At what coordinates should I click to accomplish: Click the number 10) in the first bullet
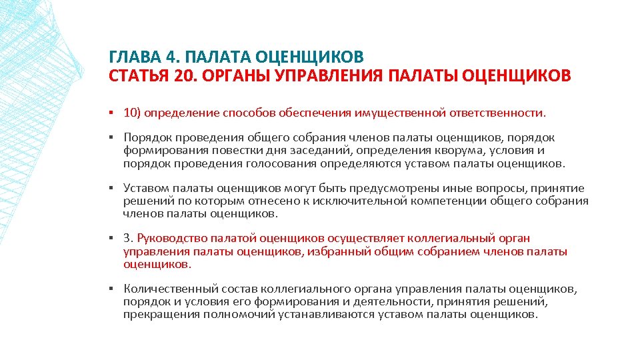pyautogui.click(x=132, y=113)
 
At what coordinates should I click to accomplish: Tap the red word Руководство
pyautogui.click(x=171, y=238)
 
